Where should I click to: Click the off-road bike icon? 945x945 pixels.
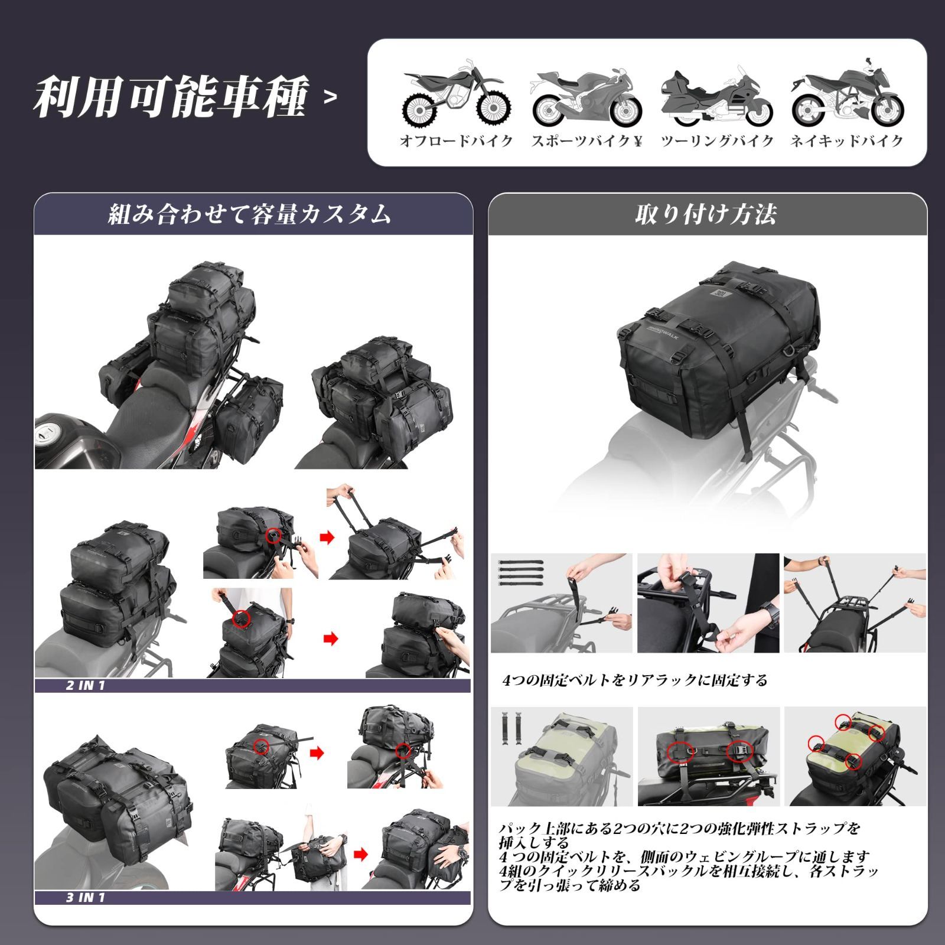[456, 96]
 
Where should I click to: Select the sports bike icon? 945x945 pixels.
[586, 99]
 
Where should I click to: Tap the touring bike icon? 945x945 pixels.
[716, 97]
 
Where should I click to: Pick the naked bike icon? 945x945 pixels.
[848, 94]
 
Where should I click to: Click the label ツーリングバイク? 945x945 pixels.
[716, 141]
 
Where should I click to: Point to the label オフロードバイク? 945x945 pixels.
[456, 141]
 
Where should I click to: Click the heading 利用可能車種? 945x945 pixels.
[171, 96]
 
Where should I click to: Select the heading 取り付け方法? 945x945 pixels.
[706, 214]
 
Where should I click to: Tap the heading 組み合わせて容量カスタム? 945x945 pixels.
[250, 214]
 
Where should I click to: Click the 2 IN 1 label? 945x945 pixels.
[86, 686]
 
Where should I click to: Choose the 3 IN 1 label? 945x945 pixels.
[86, 898]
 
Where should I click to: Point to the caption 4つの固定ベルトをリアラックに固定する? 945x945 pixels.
[635, 680]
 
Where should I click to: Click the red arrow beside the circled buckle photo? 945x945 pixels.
[327, 537]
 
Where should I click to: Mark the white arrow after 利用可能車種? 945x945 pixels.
[331, 97]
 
